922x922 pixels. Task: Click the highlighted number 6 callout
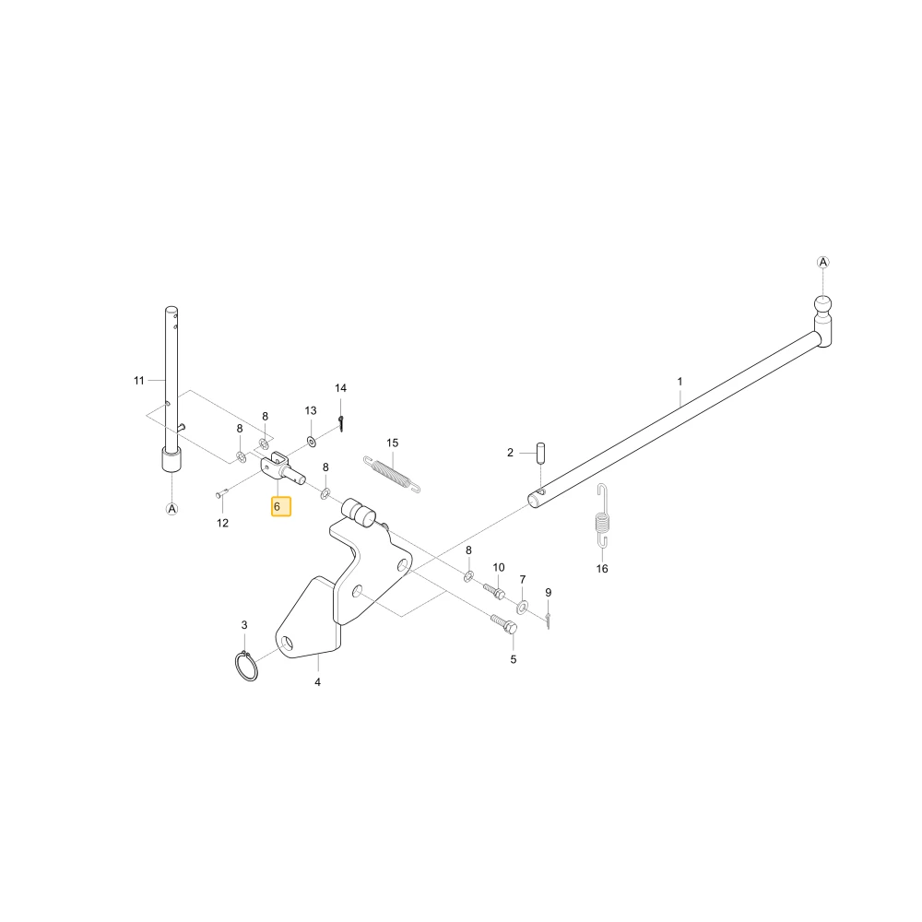tap(281, 506)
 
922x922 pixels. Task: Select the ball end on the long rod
tap(823, 305)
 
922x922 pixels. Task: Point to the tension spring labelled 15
tap(392, 474)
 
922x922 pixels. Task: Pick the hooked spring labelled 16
tap(603, 515)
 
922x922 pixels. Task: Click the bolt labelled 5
tap(504, 623)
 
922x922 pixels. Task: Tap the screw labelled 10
tap(494, 591)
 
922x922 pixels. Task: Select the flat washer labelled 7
tap(522, 607)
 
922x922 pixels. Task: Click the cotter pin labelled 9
tap(548, 621)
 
